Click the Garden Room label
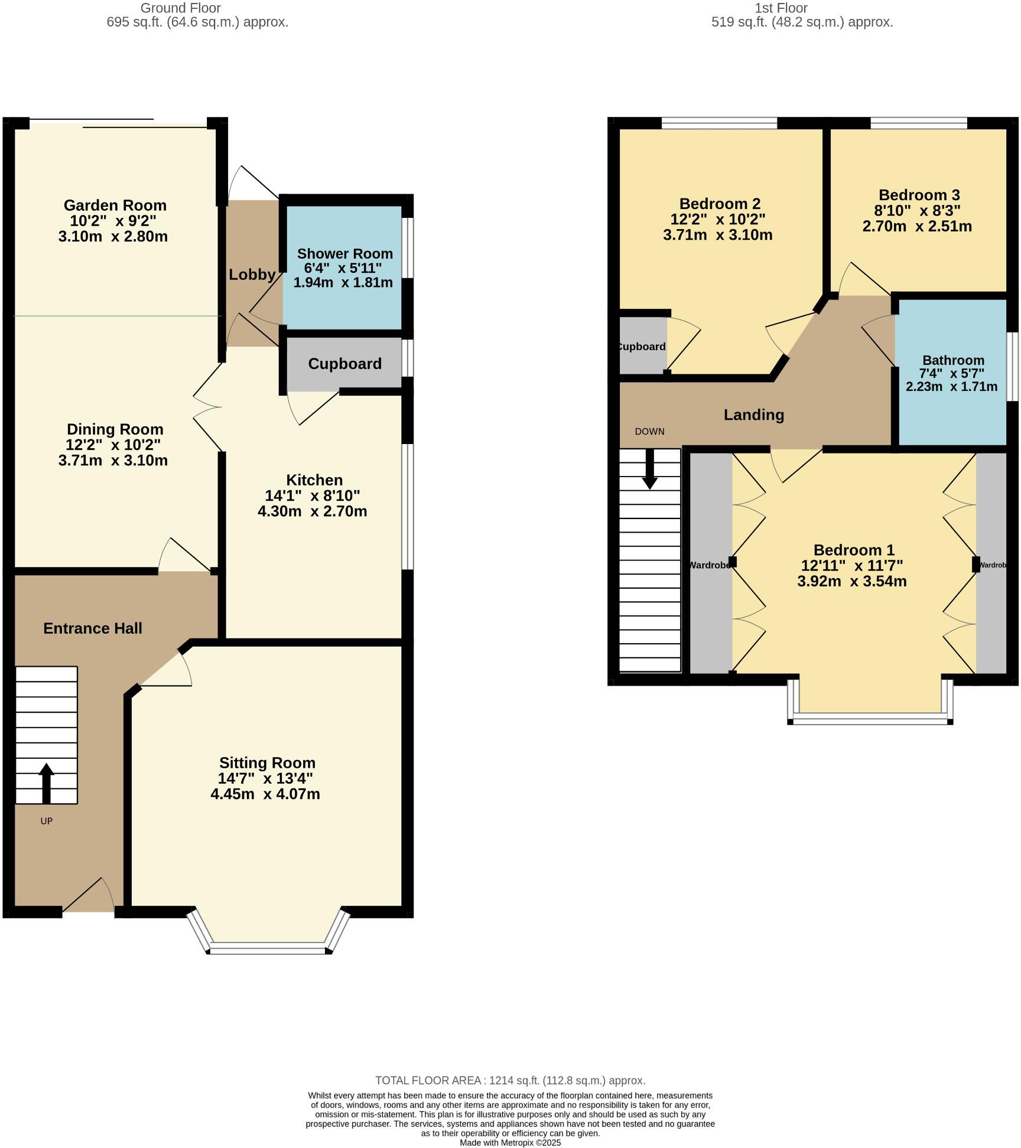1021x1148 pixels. pos(115,206)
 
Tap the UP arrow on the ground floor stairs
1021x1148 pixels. pos(46,783)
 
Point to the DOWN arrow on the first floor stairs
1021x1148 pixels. pos(649,469)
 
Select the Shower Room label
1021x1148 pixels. pos(344,254)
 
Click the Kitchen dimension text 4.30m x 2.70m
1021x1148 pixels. pos(312,511)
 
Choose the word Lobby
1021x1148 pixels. pos(252,275)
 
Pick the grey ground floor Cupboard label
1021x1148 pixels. pos(344,364)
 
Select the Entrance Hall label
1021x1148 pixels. pos(93,628)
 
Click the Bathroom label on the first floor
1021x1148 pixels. pos(953,360)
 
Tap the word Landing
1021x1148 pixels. pos(753,415)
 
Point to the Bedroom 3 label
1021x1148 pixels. pos(919,195)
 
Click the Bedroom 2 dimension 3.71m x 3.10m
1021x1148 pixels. pos(717,235)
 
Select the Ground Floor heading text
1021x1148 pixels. pos(180,8)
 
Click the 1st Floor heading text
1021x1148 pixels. pos(781,8)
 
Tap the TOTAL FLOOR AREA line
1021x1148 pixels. pos(510,1081)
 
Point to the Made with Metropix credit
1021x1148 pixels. pos(510,1143)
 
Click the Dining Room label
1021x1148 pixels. pos(115,429)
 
